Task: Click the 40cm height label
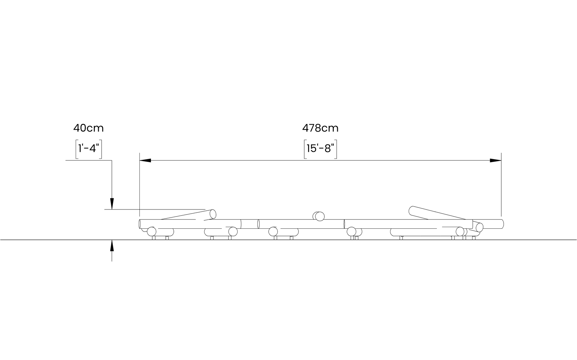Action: click(88, 128)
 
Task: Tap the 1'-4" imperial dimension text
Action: click(88, 148)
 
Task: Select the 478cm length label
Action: click(320, 128)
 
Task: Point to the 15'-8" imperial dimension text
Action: click(320, 148)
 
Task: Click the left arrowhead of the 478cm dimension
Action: click(145, 160)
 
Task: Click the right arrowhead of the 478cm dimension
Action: click(496, 160)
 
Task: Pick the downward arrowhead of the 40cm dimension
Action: click(112, 204)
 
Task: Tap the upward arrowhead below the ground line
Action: click(112, 245)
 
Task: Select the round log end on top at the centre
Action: click(320, 217)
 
